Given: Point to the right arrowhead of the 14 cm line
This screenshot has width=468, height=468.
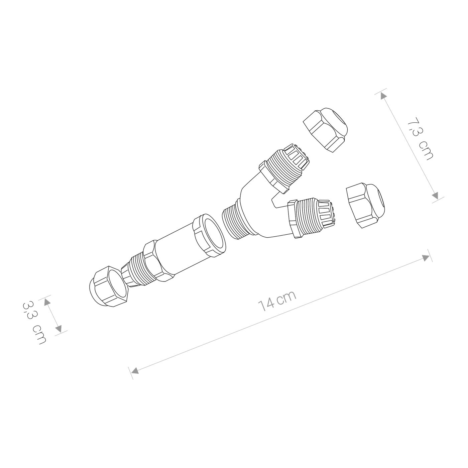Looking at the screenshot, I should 426,257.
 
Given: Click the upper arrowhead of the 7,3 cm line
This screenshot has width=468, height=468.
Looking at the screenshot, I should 383,96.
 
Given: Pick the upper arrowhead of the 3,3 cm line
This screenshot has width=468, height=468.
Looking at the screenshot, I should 47,302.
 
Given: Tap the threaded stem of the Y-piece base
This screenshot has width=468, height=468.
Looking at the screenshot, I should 235,222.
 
